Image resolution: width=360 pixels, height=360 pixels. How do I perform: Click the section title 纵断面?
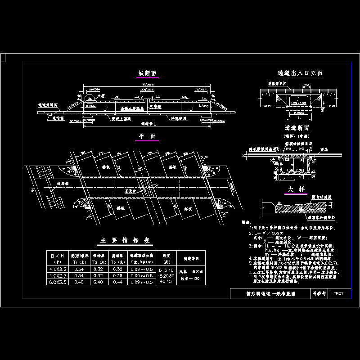147,73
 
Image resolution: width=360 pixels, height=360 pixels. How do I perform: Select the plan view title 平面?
147,135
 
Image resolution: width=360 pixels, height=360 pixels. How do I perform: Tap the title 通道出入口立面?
300,73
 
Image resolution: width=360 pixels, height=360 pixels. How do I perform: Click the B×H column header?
59,258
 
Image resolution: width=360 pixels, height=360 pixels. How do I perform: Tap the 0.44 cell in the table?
117,282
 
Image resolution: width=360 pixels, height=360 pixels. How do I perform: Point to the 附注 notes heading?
247,222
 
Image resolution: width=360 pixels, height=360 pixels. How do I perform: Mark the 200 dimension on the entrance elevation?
306,85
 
